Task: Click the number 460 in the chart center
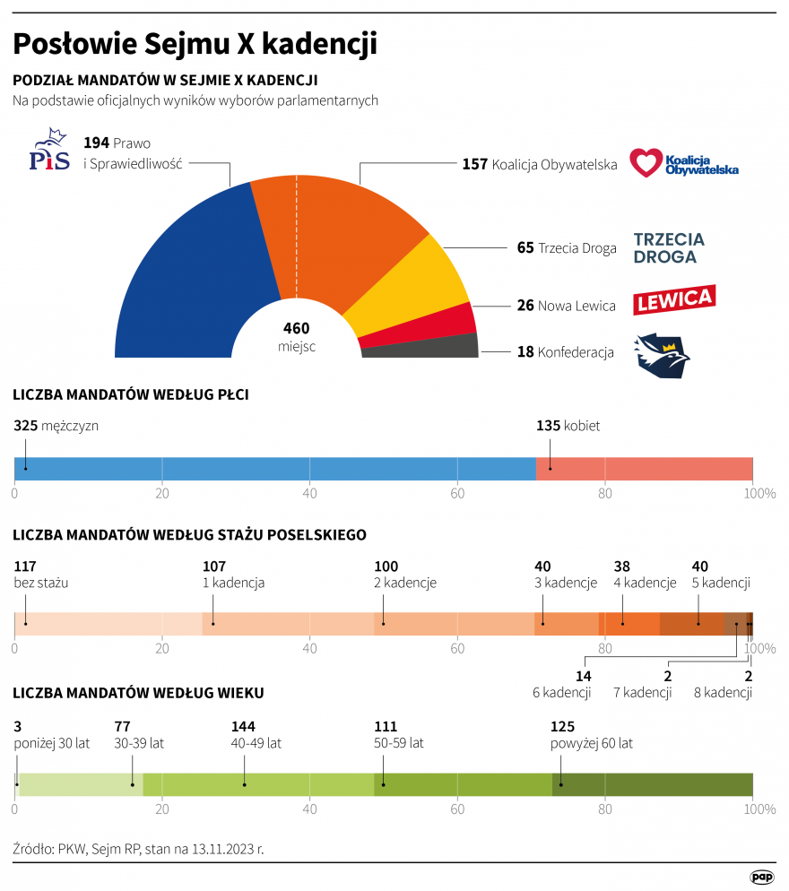pyautogui.click(x=296, y=328)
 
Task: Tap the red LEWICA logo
pyautogui.click(x=673, y=299)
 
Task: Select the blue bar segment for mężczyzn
pyautogui.click(x=269, y=469)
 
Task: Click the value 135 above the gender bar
pyautogui.click(x=548, y=426)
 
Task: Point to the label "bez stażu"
pyautogui.click(x=41, y=583)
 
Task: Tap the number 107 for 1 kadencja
pyautogui.click(x=214, y=567)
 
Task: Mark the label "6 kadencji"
pyautogui.click(x=561, y=692)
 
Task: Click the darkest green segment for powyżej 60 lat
pyautogui.click(x=655, y=784)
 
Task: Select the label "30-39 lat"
pyautogui.click(x=139, y=743)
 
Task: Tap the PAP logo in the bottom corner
pyautogui.click(x=762, y=877)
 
